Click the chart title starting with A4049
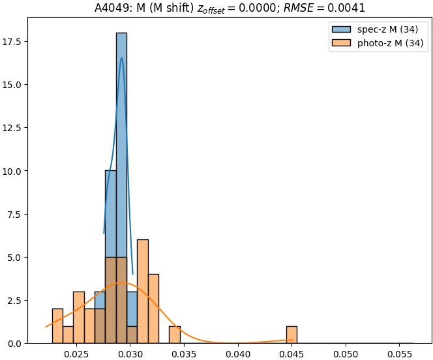230,8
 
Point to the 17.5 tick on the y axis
29,42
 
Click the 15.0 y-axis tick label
29,85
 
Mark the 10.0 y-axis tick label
29,171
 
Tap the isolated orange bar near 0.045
291,335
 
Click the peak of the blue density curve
121,58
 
